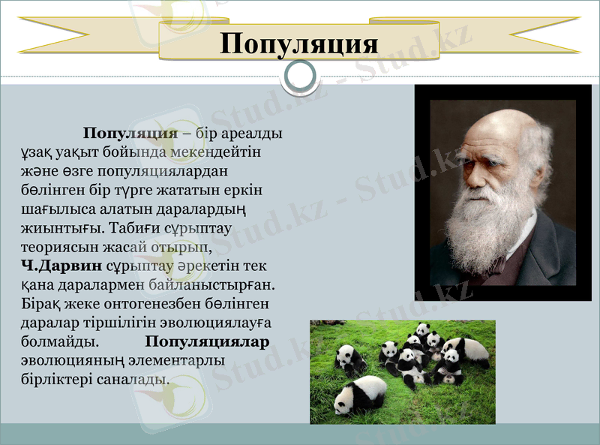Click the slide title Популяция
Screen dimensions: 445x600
pos(299,42)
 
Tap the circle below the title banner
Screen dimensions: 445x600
pos(300,76)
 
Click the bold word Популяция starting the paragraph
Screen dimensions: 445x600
pos(130,133)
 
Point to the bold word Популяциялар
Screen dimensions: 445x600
pos(208,341)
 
